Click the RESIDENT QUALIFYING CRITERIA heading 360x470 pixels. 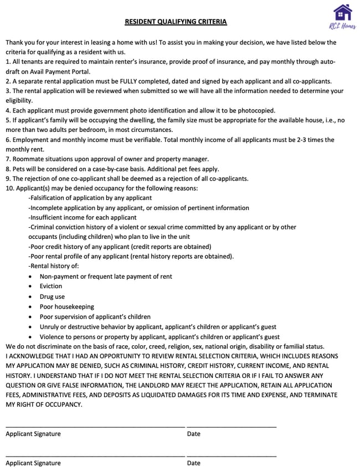tap(176, 22)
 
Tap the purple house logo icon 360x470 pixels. tap(343, 12)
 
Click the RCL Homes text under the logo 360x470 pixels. tap(343, 25)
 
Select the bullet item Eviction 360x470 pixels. tap(51, 287)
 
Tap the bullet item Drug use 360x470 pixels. tap(52, 297)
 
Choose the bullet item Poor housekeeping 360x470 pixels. tap(66, 306)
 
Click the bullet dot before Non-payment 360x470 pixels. tap(30, 277)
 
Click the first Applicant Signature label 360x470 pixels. tap(33, 434)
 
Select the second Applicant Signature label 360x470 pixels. tap(33, 463)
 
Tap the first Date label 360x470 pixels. tap(194, 434)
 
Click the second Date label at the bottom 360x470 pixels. tap(194, 463)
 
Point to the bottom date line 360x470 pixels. tap(232, 456)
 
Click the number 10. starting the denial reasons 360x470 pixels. tap(10, 188)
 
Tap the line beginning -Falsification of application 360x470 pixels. tap(90, 198)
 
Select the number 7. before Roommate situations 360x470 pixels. tap(8, 159)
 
